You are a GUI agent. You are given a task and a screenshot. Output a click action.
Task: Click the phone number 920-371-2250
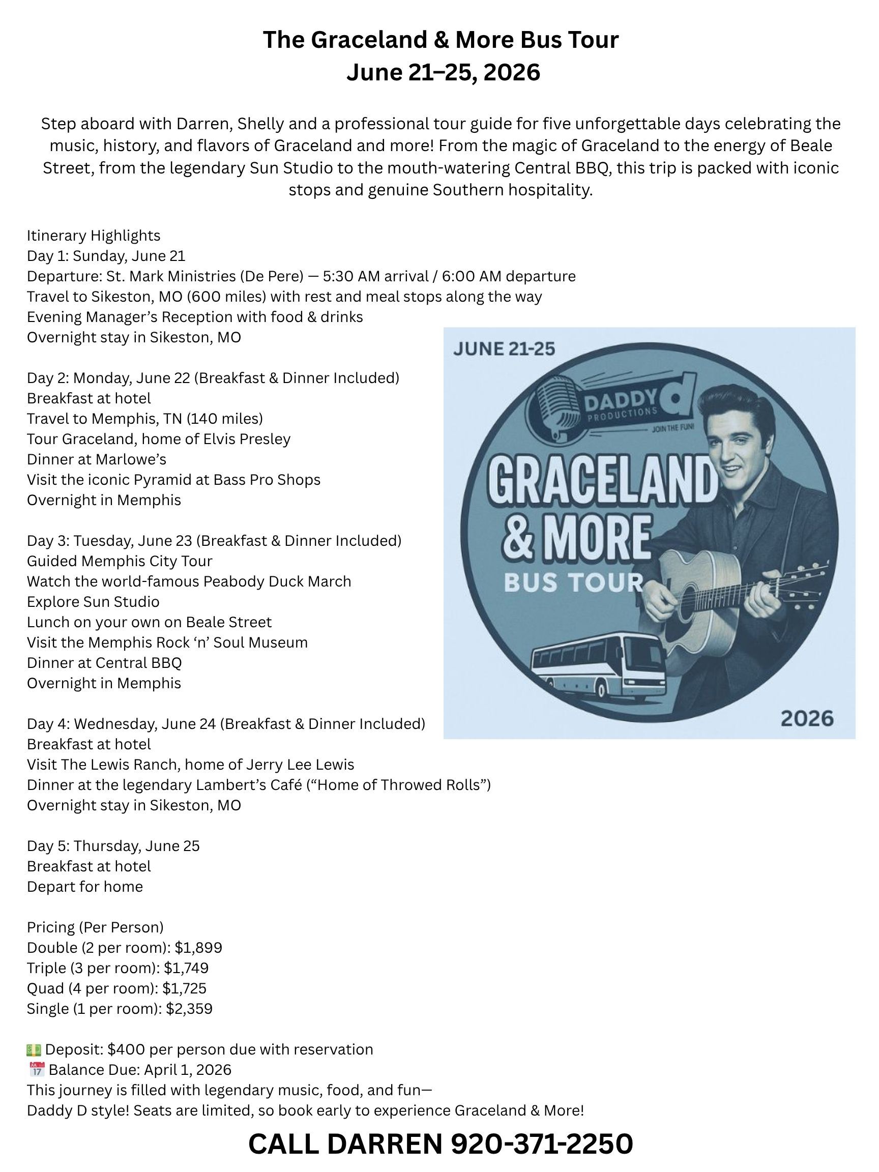tap(542, 1144)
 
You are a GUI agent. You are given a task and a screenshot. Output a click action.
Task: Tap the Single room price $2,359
tap(189, 1008)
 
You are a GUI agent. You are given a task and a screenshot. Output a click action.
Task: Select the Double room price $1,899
tap(198, 947)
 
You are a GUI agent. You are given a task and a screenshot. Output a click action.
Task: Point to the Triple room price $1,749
tap(186, 968)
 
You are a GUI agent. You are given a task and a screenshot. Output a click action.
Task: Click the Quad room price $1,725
tap(184, 988)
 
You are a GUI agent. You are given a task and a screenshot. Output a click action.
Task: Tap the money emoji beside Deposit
tap(34, 1049)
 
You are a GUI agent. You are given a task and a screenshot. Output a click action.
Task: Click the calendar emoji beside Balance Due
tap(36, 1070)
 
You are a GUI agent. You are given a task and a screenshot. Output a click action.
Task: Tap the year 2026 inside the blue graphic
tap(807, 718)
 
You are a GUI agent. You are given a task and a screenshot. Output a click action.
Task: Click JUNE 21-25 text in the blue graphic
tap(504, 348)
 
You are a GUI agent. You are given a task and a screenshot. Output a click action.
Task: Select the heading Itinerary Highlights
tap(94, 235)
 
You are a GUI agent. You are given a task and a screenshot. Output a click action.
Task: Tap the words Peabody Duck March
tap(277, 581)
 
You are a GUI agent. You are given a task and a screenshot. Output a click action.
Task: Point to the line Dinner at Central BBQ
tap(104, 663)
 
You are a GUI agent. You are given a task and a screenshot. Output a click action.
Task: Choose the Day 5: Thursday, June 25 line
tap(113, 845)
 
